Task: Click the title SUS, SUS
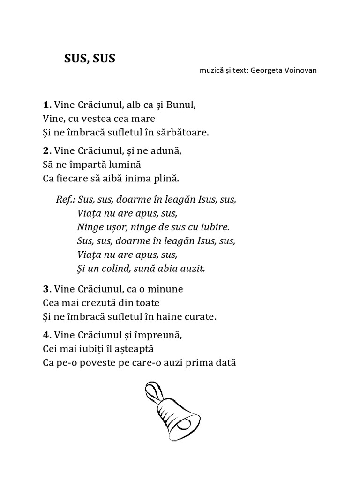[90, 59]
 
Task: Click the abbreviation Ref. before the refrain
[65, 199]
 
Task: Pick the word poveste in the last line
[92, 363]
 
